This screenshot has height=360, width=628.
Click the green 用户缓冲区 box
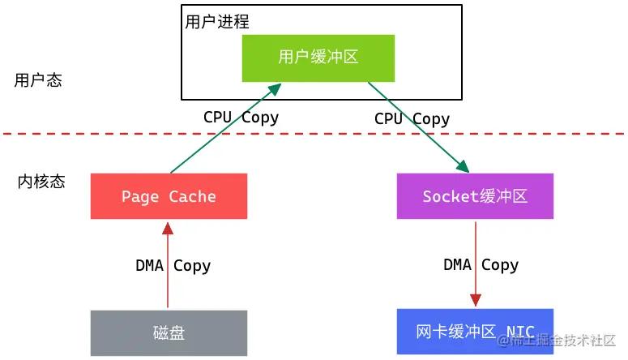pos(318,58)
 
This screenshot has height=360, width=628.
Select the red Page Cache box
pos(169,196)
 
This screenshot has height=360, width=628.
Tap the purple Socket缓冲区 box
pos(475,196)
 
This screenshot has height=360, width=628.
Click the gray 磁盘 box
pos(169,332)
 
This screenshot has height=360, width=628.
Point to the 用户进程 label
pos(217,22)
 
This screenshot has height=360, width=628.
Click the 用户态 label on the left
pos(38,80)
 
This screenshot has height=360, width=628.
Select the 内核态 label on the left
pos(41,182)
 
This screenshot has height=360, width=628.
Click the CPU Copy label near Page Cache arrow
pos(241,117)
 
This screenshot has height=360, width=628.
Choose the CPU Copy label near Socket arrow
pos(412,118)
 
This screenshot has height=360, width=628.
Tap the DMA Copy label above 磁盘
pos(173,265)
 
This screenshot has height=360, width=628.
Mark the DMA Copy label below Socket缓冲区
pos(481,265)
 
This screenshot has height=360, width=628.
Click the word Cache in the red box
pos(193,196)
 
